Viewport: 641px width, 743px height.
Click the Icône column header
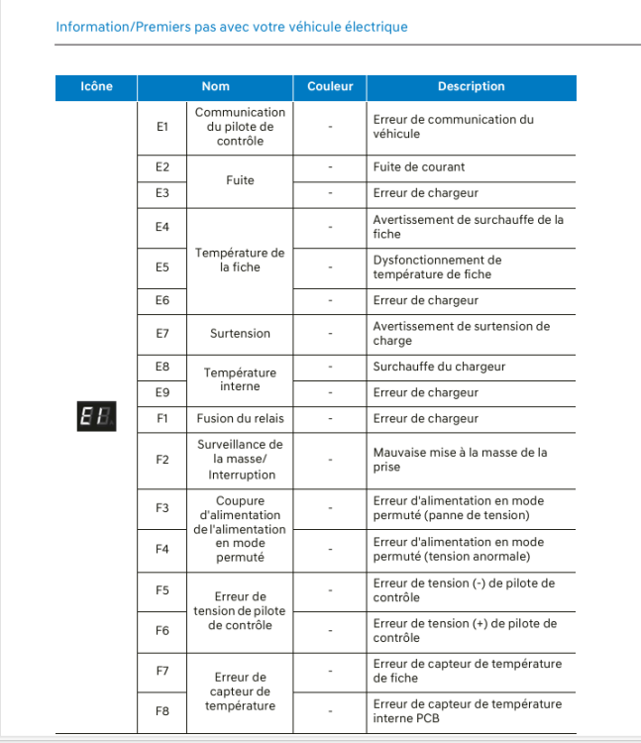pos(96,86)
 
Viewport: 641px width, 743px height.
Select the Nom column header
pos(215,86)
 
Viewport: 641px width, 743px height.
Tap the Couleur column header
pos(330,86)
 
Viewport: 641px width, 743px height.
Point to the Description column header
pos(471,86)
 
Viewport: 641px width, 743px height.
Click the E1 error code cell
pos(163,127)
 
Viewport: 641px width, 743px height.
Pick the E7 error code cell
pos(163,334)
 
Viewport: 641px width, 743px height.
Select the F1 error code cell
pos(163,419)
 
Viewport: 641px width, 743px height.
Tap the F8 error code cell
pos(163,710)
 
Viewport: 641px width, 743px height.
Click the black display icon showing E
pos(97,418)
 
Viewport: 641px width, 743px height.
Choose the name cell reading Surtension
pos(240,334)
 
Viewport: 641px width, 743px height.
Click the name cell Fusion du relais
pos(240,419)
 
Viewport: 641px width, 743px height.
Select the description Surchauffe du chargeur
pos(439,367)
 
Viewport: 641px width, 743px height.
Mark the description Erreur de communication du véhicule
pos(453,127)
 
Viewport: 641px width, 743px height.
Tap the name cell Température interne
pos(240,379)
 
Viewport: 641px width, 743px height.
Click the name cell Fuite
pos(240,180)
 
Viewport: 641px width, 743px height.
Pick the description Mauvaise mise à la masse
pos(460,460)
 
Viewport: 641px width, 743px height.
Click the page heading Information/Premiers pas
pos(232,27)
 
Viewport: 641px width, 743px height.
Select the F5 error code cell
pos(163,590)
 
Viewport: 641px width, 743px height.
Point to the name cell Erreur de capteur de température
pos(240,691)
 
